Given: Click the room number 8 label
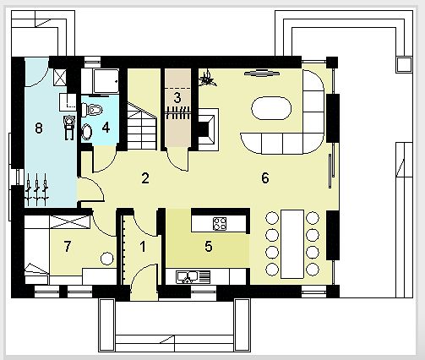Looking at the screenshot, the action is [39, 128].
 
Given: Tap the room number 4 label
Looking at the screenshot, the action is [106, 128].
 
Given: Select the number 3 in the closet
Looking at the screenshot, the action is [177, 98].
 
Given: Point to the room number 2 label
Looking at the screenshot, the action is [145, 178].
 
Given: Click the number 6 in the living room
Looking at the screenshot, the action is [265, 178].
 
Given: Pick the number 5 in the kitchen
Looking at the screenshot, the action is [209, 246].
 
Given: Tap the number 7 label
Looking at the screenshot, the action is [68, 247].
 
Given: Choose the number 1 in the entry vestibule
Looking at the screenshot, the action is [143, 247].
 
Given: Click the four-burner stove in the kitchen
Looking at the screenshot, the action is [220, 224].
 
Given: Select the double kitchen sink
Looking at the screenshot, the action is [193, 276].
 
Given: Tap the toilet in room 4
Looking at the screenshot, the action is [91, 110].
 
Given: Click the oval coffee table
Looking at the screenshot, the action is [271, 108].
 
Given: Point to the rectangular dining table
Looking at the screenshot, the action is [292, 244].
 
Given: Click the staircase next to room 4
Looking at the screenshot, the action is [142, 126].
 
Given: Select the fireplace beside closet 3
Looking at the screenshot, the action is [208, 129].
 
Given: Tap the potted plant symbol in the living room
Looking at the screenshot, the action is [208, 79].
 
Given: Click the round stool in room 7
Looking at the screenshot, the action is [107, 258].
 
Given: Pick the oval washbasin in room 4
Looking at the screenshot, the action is [87, 133].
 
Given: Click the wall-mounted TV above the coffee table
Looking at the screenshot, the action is [262, 73].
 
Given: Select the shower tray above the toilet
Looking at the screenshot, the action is [106, 81].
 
